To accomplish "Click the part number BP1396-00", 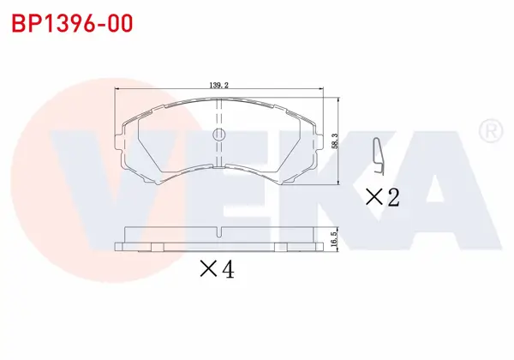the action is click(x=72, y=23).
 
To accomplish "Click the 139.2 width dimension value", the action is click(x=219, y=85).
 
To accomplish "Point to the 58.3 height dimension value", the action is click(x=334, y=141).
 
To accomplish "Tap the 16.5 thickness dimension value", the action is click(x=334, y=238).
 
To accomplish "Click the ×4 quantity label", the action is click(x=218, y=269).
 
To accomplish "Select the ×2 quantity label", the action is click(x=383, y=197).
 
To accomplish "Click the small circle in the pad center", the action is click(x=219, y=135).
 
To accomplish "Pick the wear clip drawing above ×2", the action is click(x=379, y=157).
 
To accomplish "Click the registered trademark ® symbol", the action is click(x=491, y=130).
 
